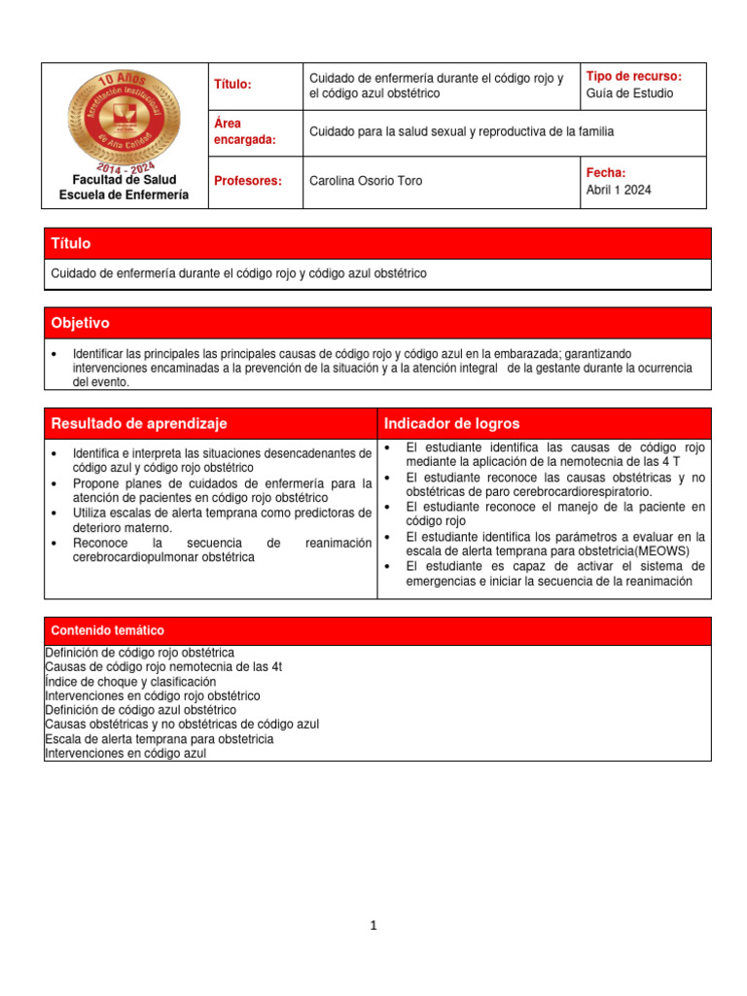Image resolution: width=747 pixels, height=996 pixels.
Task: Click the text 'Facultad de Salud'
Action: click(124, 180)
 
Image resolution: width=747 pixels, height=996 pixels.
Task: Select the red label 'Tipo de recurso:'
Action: click(634, 77)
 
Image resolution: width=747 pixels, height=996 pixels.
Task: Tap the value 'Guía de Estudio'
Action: click(629, 93)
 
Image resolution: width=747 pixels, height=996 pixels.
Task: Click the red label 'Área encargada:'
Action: click(243, 131)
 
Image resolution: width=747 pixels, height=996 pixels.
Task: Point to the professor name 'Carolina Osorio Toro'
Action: click(365, 181)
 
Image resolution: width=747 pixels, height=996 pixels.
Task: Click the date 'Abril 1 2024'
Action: click(619, 190)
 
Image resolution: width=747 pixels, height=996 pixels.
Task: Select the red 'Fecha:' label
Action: click(606, 172)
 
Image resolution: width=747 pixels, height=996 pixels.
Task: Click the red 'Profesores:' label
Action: click(247, 181)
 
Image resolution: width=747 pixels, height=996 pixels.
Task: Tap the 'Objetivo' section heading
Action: click(81, 323)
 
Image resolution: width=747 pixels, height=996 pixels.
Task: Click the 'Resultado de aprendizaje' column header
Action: click(139, 423)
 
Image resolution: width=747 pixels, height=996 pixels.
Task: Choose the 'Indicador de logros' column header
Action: click(451, 423)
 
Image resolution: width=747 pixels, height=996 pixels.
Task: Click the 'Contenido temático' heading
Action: click(108, 630)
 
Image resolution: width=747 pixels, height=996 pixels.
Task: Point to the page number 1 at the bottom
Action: click(373, 925)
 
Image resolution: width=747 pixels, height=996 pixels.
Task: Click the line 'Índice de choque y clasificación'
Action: click(130, 682)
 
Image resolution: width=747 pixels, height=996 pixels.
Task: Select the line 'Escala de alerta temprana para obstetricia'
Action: click(160, 738)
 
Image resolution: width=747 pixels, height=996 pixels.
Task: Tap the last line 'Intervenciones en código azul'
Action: click(125, 753)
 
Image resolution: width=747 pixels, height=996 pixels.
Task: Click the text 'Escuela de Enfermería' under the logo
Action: click(124, 196)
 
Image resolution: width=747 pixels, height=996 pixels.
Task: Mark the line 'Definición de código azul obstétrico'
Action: click(140, 710)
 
